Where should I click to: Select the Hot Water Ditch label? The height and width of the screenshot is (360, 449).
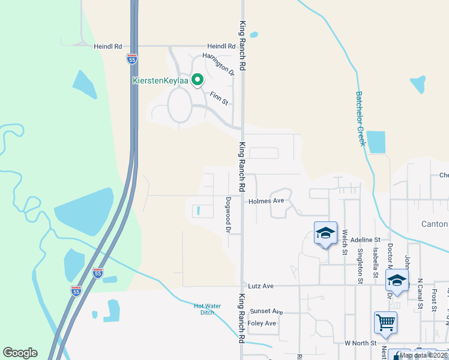(x=207, y=309)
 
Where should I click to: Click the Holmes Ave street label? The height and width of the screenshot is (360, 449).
(x=266, y=202)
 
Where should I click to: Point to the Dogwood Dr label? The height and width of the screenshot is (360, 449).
(x=228, y=215)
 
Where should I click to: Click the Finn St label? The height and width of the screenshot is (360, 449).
(x=219, y=98)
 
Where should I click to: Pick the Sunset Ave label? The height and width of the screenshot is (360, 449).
(x=266, y=311)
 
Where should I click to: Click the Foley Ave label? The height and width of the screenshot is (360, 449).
(x=262, y=323)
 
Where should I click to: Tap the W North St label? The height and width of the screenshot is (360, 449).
(x=360, y=343)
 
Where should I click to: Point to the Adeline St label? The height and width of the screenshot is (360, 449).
(x=366, y=239)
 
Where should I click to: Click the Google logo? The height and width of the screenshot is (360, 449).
(x=20, y=353)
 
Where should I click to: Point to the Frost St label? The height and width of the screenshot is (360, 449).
(x=433, y=298)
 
